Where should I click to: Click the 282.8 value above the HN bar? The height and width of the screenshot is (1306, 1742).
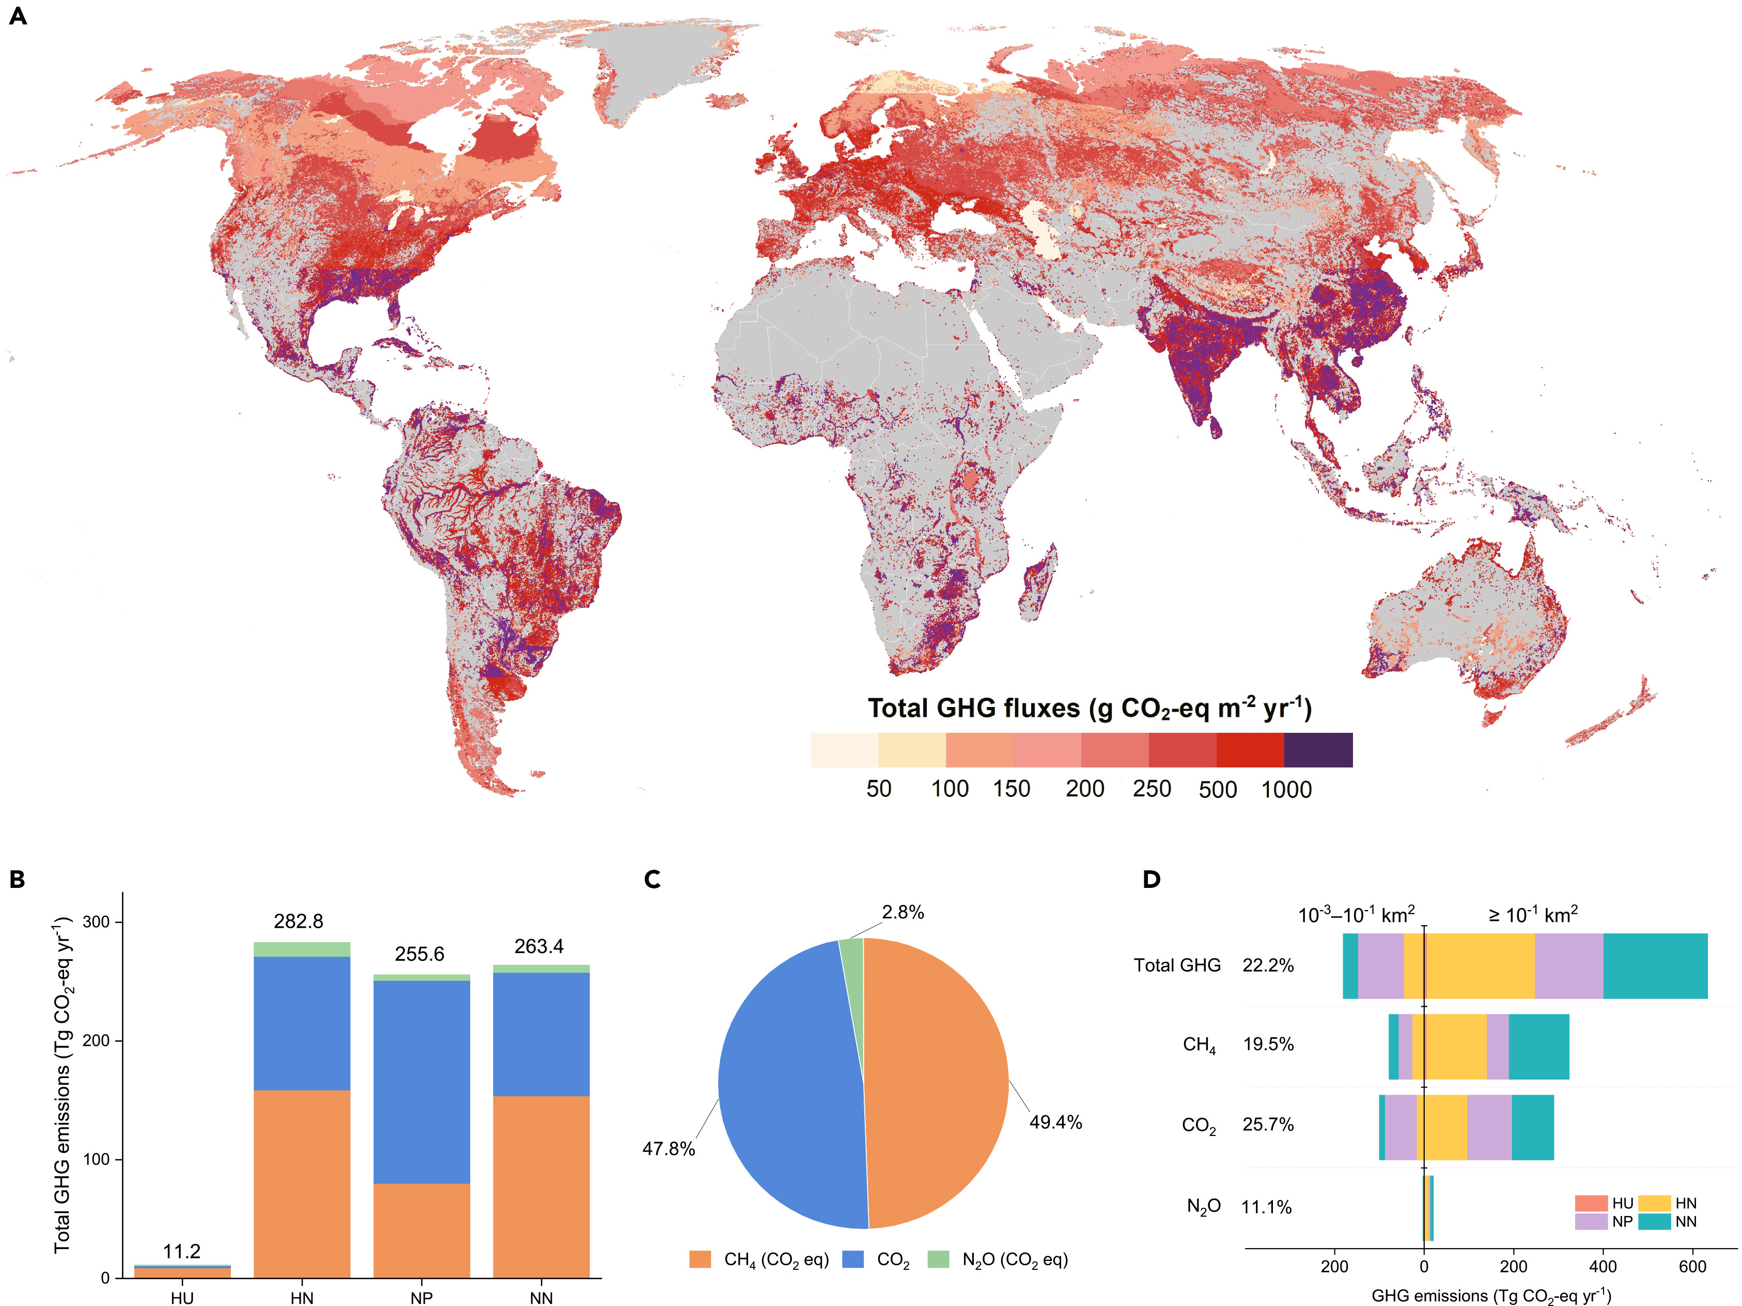pyautogui.click(x=299, y=921)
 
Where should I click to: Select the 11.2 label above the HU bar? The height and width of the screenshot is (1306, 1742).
pyautogui.click(x=182, y=1251)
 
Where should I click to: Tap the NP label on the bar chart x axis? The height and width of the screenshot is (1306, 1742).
pyautogui.click(x=422, y=1297)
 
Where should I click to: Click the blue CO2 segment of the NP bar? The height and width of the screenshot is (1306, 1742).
pyautogui.click(x=422, y=1082)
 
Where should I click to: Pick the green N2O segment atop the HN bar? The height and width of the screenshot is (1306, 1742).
pyautogui.click(x=302, y=949)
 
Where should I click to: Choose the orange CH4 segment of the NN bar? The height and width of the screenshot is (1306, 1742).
pyautogui.click(x=541, y=1186)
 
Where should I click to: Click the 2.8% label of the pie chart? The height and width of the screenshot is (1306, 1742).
pyautogui.click(x=903, y=912)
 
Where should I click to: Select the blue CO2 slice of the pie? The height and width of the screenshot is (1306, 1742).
pyautogui.click(x=787, y=1087)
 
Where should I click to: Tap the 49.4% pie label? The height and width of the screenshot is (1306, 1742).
pyautogui.click(x=1055, y=1121)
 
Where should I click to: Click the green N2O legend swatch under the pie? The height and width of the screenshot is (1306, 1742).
pyautogui.click(x=939, y=1259)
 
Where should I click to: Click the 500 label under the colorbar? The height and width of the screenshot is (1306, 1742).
pyautogui.click(x=1218, y=789)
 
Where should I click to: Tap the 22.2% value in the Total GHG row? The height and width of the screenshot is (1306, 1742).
pyautogui.click(x=1268, y=965)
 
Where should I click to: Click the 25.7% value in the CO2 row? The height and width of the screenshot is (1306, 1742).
pyautogui.click(x=1268, y=1124)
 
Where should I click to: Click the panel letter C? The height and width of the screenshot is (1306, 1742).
pyautogui.click(x=652, y=879)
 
